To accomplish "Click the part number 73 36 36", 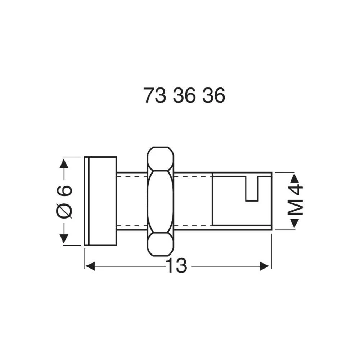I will click(x=184, y=96).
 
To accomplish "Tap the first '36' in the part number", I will click(x=184, y=96).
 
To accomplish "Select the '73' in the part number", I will click(x=155, y=96).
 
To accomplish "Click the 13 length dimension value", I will click(x=176, y=266).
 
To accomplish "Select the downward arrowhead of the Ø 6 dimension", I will click(x=64, y=238).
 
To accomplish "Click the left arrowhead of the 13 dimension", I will click(x=90, y=266).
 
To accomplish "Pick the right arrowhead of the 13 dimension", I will click(x=265, y=266).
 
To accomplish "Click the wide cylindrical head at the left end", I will click(x=101, y=201).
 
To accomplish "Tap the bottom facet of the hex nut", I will click(x=161, y=244).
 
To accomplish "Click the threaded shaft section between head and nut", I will click(x=132, y=201).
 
